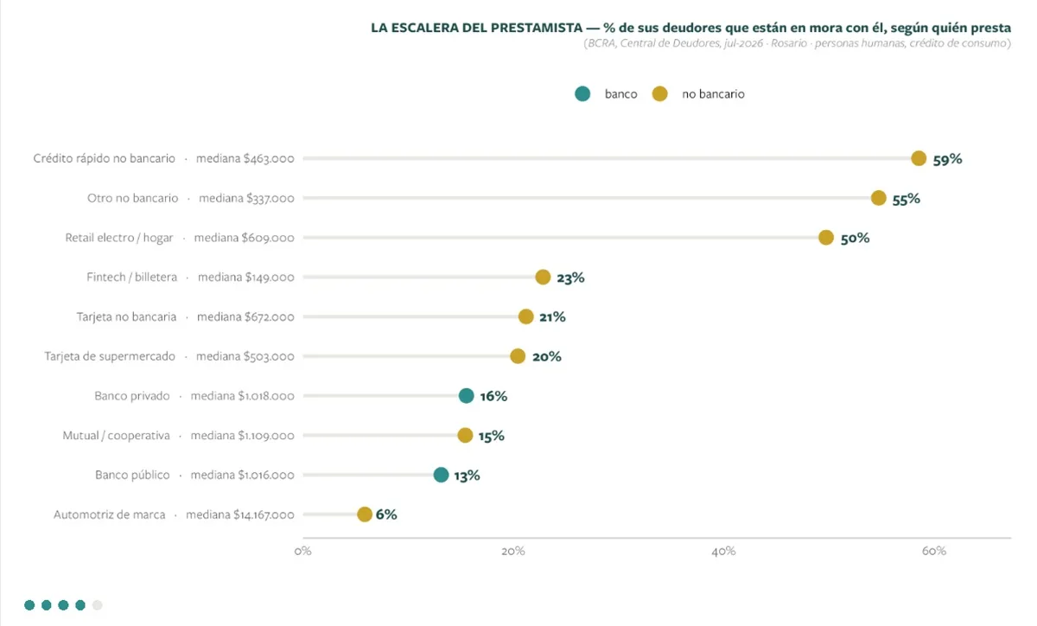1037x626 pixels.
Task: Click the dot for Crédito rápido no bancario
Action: pos(919,158)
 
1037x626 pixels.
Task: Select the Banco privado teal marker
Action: pos(466,396)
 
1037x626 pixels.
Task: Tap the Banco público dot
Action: pos(442,475)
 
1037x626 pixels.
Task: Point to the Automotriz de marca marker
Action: pos(365,514)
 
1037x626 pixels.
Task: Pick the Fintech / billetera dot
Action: pos(543,277)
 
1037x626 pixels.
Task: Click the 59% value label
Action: pos(947,159)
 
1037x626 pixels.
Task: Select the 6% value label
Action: pos(386,514)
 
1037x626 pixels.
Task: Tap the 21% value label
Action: pos(552,317)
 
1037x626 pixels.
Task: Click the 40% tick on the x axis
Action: pos(723,551)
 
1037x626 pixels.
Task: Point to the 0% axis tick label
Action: pos(302,551)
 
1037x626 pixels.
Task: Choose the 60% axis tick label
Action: pos(934,551)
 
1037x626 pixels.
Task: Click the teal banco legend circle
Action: pos(582,94)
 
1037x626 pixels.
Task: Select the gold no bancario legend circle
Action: pos(659,94)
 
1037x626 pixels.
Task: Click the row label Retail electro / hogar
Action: pos(119,238)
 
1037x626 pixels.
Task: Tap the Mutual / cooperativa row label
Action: pos(116,436)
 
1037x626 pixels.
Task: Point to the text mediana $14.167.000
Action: pos(240,514)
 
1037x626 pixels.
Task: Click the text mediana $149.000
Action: pos(245,277)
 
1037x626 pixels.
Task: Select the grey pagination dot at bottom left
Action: pos(97,604)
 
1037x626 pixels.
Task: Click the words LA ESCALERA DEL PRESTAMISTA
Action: pos(476,28)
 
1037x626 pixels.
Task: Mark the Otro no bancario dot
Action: pos(878,198)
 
